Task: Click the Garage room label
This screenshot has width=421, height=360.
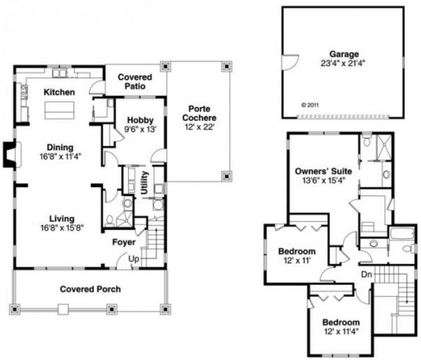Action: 344,54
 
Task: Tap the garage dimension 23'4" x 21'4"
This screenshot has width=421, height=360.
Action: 343,62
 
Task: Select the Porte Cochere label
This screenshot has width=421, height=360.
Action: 199,113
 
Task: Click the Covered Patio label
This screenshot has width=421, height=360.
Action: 135,82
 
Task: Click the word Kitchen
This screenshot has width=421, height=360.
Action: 59,92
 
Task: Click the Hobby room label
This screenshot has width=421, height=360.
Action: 141,120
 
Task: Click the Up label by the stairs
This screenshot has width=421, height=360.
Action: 133,260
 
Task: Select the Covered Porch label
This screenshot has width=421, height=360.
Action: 90,289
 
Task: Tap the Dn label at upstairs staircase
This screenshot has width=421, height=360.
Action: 367,274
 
